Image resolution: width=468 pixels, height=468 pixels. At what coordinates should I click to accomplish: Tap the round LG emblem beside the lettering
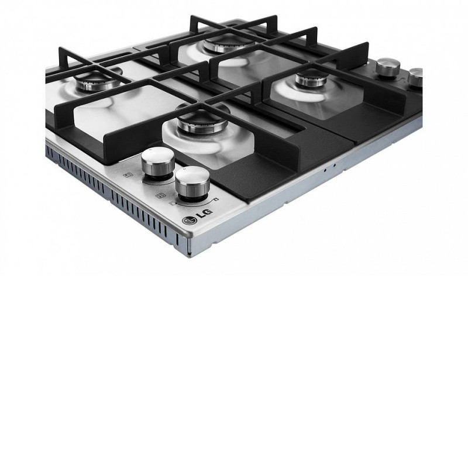(190, 221)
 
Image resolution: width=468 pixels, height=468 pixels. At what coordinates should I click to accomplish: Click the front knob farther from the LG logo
(158, 163)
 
